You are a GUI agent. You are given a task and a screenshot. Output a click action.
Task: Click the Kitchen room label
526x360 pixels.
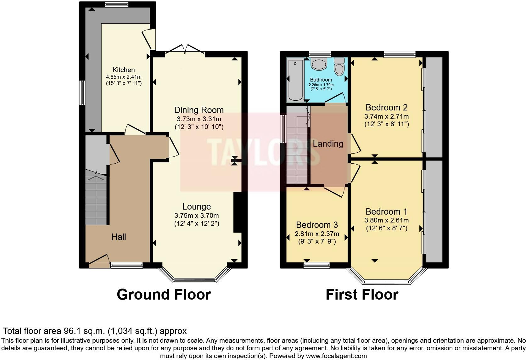pos(124,70)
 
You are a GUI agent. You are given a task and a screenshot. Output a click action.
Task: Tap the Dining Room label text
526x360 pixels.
pos(199,110)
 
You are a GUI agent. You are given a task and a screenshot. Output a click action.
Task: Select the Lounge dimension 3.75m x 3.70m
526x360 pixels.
pos(197,216)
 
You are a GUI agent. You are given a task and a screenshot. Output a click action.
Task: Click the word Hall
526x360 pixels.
pos(119,237)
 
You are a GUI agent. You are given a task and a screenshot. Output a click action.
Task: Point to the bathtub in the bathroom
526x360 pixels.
pos(295,80)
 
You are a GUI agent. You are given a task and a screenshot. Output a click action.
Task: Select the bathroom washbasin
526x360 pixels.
pos(319,64)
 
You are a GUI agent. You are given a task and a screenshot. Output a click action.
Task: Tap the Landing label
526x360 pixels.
pos(328,144)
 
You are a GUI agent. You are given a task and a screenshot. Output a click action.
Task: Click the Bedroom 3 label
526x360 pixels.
pos(317,225)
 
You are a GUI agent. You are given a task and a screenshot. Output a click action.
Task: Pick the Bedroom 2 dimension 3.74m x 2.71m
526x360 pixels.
pos(386,116)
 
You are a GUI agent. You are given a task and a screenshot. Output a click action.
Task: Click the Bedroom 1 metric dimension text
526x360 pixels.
pos(386,220)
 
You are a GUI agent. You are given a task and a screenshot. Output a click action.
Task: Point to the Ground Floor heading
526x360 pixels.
pos(164,295)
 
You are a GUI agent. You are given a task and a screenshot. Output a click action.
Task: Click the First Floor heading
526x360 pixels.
pos(362,295)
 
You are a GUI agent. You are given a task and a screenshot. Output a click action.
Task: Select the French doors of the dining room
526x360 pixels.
pos(185,50)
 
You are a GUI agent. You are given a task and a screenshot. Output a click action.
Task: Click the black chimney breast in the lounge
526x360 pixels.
pos(238,212)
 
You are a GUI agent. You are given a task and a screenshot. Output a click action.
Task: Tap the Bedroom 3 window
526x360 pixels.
pos(316,265)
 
